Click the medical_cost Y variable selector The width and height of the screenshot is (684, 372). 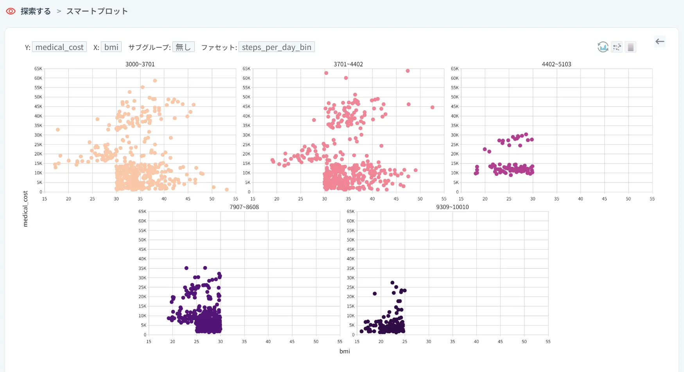59,47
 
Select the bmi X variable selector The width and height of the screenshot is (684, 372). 111,47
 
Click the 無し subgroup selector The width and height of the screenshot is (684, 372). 183,47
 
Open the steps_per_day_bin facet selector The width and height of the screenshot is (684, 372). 276,47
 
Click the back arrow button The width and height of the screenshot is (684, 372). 660,41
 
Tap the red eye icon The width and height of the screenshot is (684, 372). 11,11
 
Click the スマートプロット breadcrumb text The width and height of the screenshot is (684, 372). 97,11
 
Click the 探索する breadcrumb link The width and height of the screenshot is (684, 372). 36,11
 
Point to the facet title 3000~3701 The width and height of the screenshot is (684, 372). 140,64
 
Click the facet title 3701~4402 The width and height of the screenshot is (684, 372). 348,64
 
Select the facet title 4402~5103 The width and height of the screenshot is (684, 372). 556,64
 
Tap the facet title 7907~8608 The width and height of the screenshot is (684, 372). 244,207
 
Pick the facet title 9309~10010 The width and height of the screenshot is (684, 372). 452,207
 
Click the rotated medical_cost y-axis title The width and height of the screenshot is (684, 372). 25,209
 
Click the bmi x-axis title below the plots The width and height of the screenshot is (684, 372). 345,351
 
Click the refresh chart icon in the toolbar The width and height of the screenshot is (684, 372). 603,47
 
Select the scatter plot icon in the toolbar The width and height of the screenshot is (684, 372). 617,47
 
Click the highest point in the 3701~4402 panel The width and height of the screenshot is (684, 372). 408,71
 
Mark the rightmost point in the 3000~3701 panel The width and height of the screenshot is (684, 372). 227,190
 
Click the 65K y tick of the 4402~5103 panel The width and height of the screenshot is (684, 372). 454,69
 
